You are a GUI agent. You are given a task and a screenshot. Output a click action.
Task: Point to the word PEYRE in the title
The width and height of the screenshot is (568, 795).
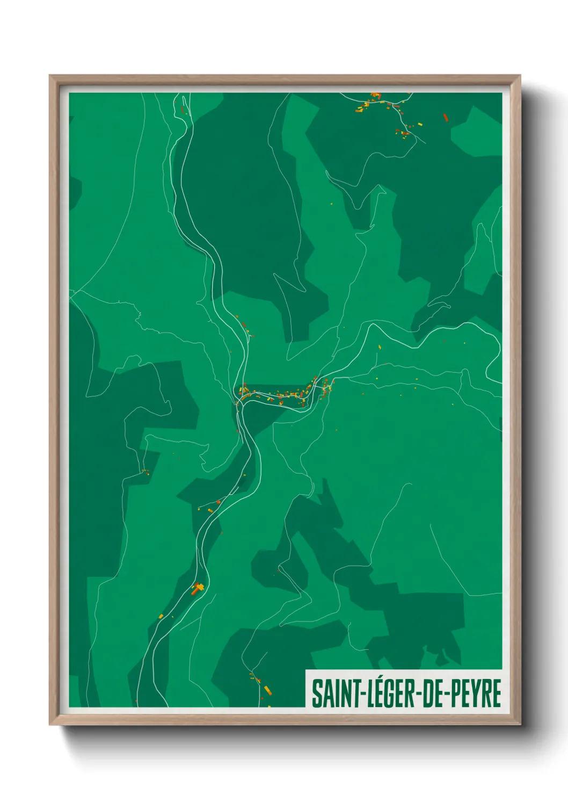pos(475,694)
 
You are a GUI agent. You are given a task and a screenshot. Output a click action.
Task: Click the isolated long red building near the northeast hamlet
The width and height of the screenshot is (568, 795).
pos(445,117)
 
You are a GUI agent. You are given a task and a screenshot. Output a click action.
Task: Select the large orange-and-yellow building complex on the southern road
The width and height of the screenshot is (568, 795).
pos(198,588)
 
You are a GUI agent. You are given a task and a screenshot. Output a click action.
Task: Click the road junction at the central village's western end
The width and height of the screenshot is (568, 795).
pos(239,400)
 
